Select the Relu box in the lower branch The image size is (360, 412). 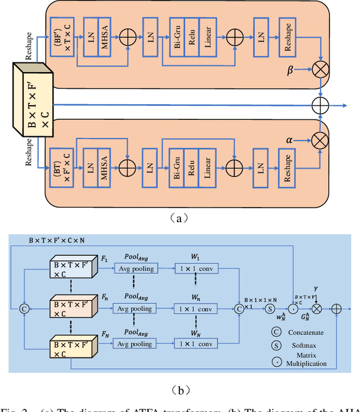[192, 167]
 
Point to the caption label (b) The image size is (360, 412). [179, 388]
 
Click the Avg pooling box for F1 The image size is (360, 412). [136, 269]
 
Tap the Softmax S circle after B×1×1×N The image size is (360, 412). [270, 308]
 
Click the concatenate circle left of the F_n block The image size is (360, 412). [24, 308]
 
